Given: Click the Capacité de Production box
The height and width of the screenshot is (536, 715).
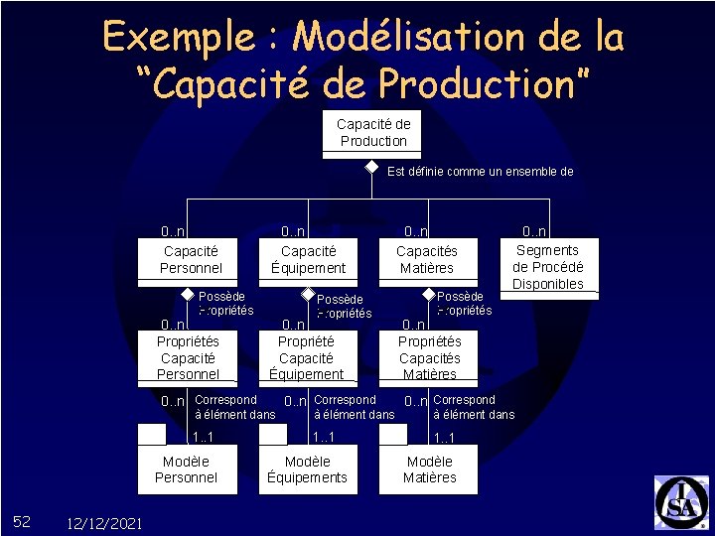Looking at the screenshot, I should click(x=372, y=133).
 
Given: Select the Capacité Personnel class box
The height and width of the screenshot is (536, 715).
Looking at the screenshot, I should click(x=191, y=260).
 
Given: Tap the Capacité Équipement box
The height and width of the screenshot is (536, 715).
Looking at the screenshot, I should click(x=308, y=260).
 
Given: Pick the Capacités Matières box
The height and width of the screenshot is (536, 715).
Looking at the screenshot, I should click(x=426, y=260).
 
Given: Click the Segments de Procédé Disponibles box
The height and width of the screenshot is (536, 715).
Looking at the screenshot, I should click(x=547, y=266).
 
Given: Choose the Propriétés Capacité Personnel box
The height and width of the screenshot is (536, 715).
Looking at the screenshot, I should click(x=188, y=357).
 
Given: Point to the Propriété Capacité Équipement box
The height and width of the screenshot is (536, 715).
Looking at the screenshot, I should click(x=306, y=357).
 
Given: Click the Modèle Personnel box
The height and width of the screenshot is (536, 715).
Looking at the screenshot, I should click(x=186, y=469).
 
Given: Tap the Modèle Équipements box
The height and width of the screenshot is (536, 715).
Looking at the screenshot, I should click(x=307, y=469).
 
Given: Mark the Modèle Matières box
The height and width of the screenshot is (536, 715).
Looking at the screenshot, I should click(x=429, y=469).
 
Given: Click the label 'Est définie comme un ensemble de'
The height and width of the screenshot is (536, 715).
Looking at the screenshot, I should click(x=480, y=171).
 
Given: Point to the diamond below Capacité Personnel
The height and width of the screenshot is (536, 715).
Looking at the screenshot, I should click(x=187, y=294).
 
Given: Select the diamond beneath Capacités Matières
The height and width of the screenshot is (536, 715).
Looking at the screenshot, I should click(x=428, y=294).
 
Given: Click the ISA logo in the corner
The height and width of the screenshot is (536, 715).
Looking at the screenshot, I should click(x=680, y=502).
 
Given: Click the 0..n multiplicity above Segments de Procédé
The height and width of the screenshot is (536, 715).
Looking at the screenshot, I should click(x=535, y=231).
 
